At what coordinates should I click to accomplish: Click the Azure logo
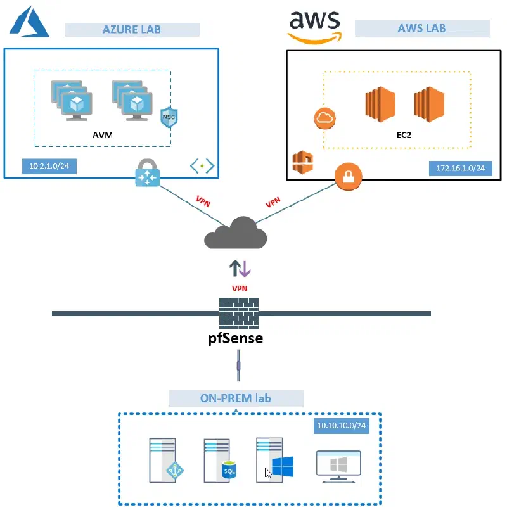(29, 22)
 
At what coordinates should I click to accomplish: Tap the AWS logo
(315, 27)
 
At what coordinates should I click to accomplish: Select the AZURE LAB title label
(132, 30)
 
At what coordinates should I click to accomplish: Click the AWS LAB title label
(422, 29)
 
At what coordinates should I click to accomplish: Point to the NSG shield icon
(169, 117)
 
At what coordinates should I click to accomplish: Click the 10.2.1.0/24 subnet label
(49, 166)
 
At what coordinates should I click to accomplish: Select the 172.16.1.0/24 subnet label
(461, 168)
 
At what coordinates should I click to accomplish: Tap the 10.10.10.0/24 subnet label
(342, 426)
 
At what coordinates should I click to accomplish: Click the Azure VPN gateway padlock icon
(148, 173)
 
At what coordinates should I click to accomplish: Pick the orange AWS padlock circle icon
(348, 177)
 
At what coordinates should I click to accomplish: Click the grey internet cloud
(236, 233)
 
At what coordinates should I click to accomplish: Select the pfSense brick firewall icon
(239, 313)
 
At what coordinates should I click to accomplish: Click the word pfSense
(235, 338)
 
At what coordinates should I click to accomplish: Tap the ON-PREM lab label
(236, 398)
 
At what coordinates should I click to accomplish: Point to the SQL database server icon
(220, 460)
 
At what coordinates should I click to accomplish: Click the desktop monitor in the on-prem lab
(338, 467)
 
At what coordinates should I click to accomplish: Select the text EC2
(404, 135)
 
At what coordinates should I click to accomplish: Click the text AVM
(103, 135)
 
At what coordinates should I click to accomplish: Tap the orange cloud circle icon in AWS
(324, 118)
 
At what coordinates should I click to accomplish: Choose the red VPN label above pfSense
(240, 288)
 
